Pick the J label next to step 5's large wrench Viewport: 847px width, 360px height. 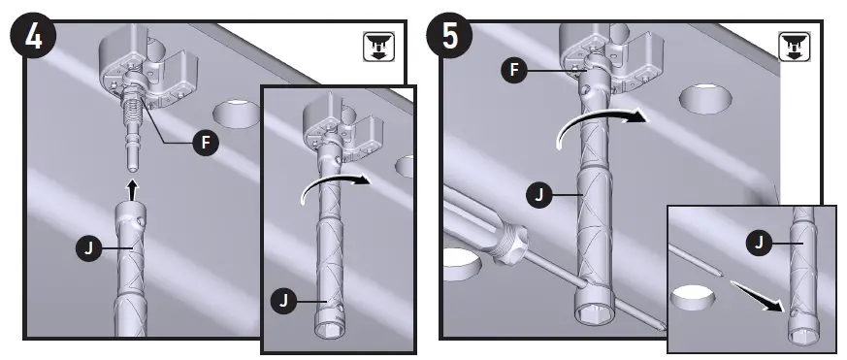[539, 195]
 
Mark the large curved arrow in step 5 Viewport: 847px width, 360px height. [596, 124]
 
